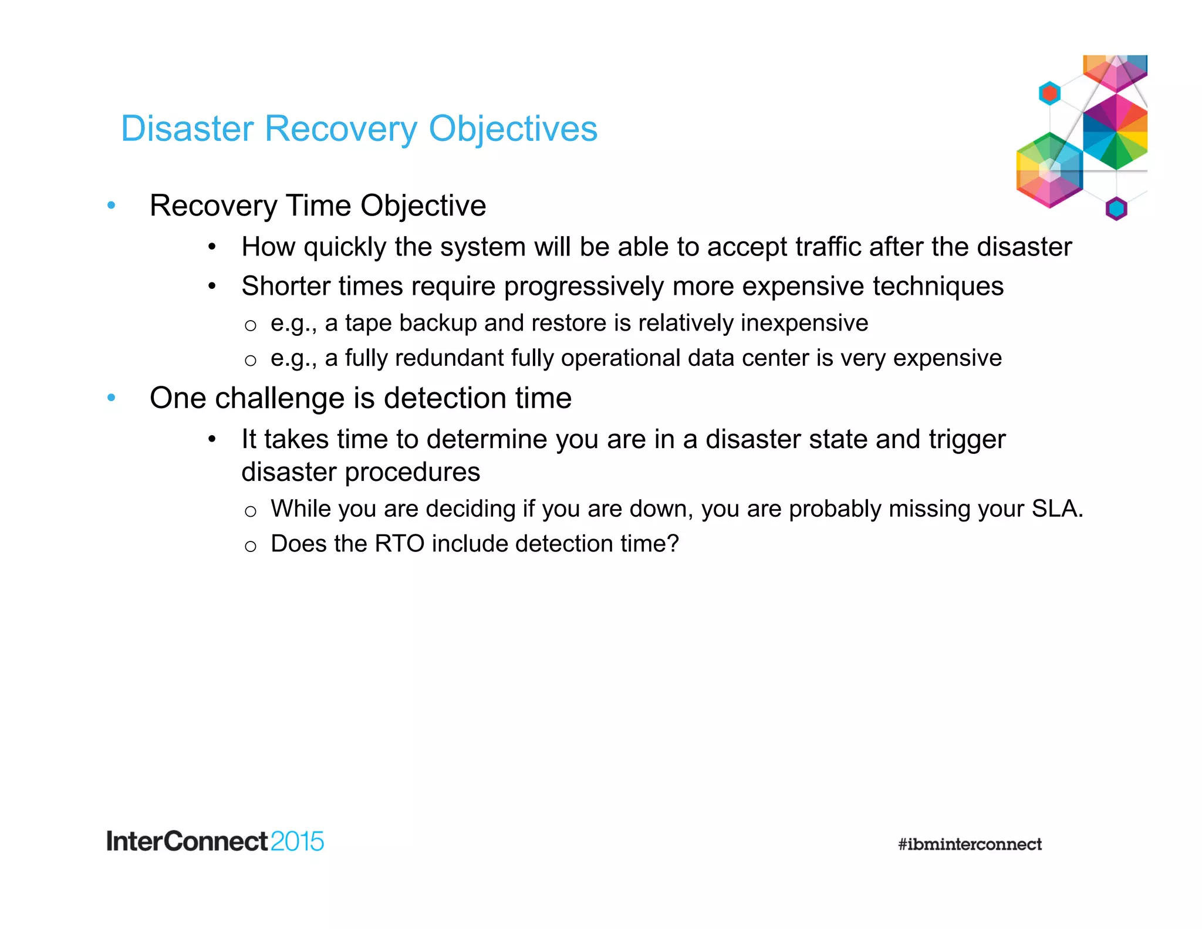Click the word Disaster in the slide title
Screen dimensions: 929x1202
coord(187,129)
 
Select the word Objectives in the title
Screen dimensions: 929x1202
coord(512,130)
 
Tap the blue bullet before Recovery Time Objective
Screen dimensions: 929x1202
coord(112,206)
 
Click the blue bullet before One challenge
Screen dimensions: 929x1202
coord(112,398)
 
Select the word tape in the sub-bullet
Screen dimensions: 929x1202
coord(368,324)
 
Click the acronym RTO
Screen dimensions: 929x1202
coord(400,544)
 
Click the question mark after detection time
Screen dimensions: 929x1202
coord(673,544)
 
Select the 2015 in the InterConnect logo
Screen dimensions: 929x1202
coord(297,842)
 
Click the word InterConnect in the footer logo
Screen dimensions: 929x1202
coord(187,842)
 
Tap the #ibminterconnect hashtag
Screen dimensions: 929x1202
coord(970,844)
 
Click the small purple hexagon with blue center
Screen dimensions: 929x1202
coord(1116,208)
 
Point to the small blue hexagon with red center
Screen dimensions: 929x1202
coord(1049,93)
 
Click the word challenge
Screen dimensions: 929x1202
coord(281,399)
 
